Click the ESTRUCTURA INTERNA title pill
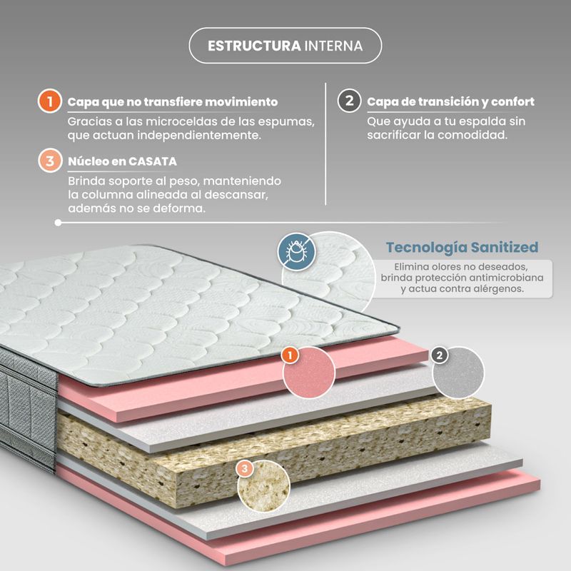[x=285, y=46]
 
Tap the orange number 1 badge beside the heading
[x=49, y=101]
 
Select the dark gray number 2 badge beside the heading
[x=348, y=101]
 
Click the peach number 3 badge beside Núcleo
[x=49, y=161]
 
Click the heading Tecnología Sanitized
[x=462, y=248]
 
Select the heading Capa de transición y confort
[x=450, y=102]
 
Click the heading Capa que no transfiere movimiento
[x=173, y=102]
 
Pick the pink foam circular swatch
[x=309, y=373]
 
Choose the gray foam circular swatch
[x=459, y=372]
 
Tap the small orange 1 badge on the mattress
[x=289, y=354]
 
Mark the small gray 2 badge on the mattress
[x=440, y=354]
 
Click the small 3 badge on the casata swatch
[x=245, y=468]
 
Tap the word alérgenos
[x=497, y=289]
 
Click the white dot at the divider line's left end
[x=58, y=223]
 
